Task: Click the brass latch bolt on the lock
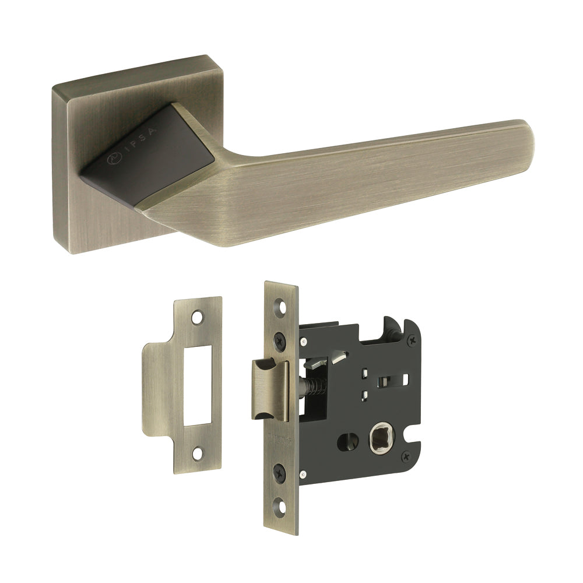(269, 389)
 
